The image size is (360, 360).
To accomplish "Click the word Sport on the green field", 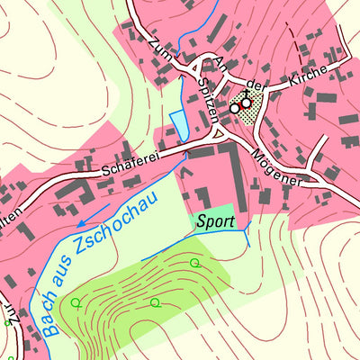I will coord(215,220).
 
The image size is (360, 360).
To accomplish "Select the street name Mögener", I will coord(281,167).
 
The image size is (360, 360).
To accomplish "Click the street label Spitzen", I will coord(208,102).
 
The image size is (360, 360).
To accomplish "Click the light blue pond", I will coord(178,124).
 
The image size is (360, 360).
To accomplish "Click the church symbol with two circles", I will coord(240,105).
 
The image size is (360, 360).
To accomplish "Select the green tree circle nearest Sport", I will coord(194,263).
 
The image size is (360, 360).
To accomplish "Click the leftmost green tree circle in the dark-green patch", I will coord(76,302).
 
